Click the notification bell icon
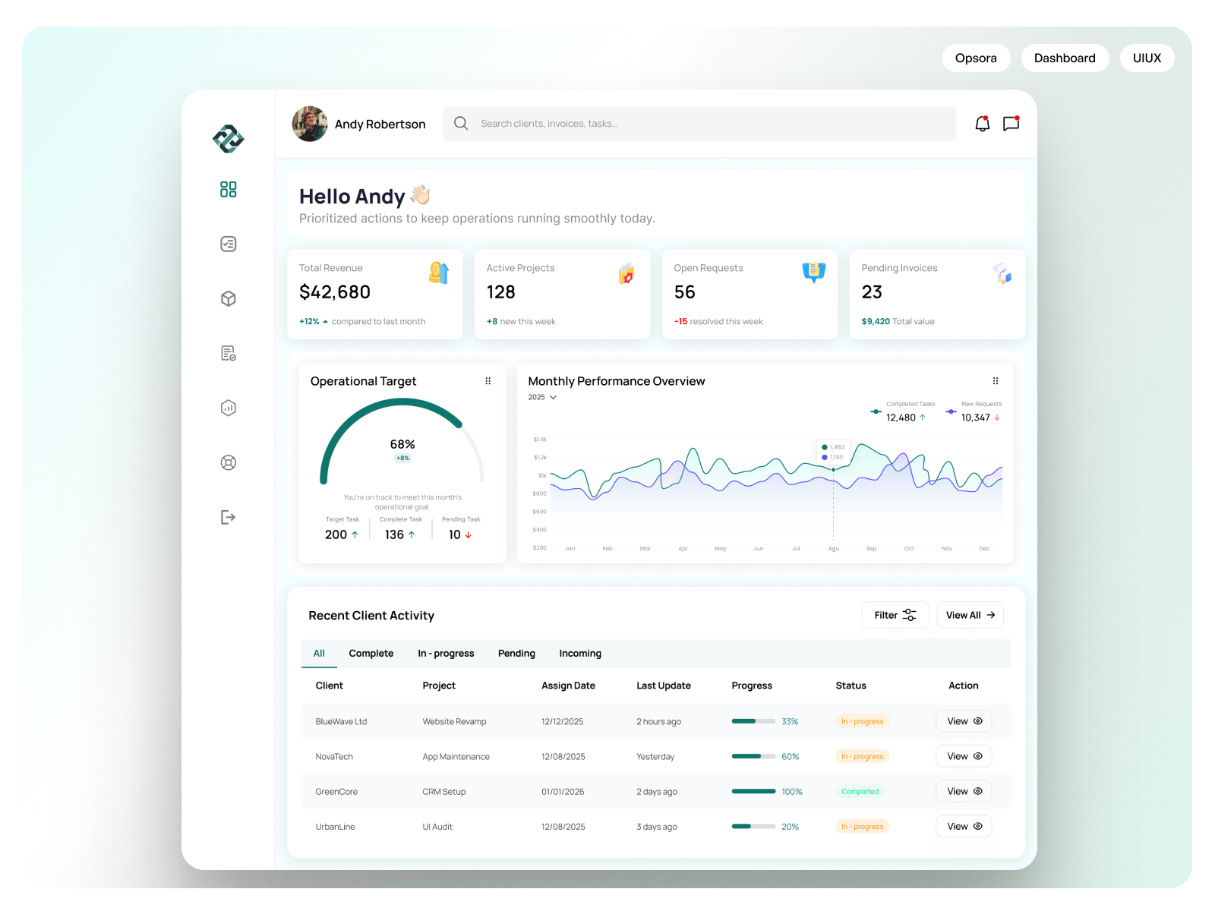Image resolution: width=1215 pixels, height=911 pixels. click(982, 124)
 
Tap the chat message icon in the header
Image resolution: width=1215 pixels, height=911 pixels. click(1011, 124)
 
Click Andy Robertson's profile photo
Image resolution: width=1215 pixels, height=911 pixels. click(310, 124)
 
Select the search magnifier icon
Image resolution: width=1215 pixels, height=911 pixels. click(461, 124)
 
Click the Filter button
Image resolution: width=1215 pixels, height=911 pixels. click(895, 615)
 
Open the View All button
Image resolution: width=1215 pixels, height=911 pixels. click(970, 615)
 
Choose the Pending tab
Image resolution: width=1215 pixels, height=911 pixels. click(516, 654)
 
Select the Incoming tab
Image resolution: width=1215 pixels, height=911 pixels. click(580, 654)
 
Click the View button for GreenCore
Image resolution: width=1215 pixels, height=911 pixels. click(964, 791)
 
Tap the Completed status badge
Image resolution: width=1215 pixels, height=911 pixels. click(860, 792)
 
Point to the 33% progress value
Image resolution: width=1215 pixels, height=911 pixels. click(790, 722)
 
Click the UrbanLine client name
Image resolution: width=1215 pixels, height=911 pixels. click(335, 827)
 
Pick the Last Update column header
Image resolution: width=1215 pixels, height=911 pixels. click(663, 686)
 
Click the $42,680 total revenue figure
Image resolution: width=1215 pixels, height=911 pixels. click(335, 292)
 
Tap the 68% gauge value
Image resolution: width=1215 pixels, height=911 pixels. click(402, 445)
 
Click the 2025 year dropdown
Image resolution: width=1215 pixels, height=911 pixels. click(542, 397)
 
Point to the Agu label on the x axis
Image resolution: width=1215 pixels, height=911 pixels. click(833, 548)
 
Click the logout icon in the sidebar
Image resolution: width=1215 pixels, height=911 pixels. click(228, 517)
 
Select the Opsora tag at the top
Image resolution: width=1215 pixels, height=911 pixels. click(976, 58)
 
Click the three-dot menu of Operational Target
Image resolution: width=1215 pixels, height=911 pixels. click(488, 381)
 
